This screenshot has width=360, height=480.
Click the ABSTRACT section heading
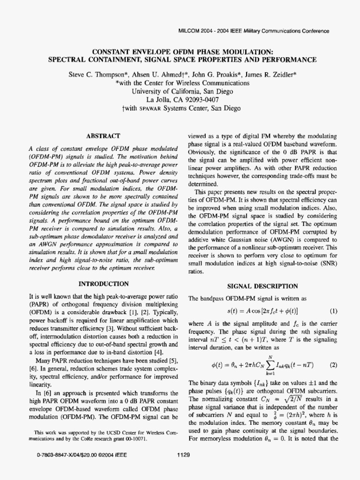point(100,135)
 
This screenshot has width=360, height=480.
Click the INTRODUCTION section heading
point(104,284)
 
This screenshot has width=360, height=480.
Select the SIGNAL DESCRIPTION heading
point(262,286)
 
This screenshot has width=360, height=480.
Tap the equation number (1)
point(333,311)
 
